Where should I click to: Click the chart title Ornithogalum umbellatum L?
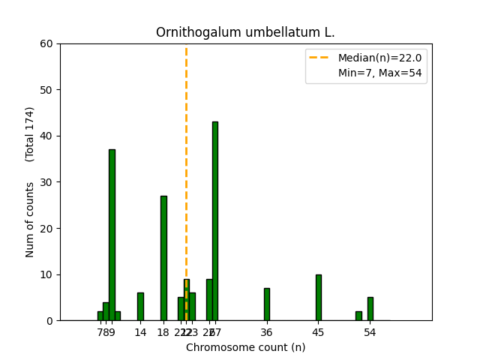(245, 33)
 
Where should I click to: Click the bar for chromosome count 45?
(319, 298)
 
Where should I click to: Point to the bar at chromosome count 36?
(267, 304)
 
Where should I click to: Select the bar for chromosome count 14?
(140, 307)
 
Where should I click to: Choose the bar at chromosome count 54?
(370, 309)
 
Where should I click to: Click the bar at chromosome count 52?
(358, 316)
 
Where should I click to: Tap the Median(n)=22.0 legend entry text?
(379, 58)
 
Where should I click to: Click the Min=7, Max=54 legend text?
(379, 73)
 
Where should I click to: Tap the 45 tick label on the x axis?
(319, 332)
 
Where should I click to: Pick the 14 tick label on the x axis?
(140, 332)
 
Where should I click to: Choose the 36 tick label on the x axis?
(267, 332)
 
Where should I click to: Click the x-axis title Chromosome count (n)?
(245, 347)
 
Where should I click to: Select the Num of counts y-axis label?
(30, 220)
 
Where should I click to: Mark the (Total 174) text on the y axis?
(30, 133)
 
